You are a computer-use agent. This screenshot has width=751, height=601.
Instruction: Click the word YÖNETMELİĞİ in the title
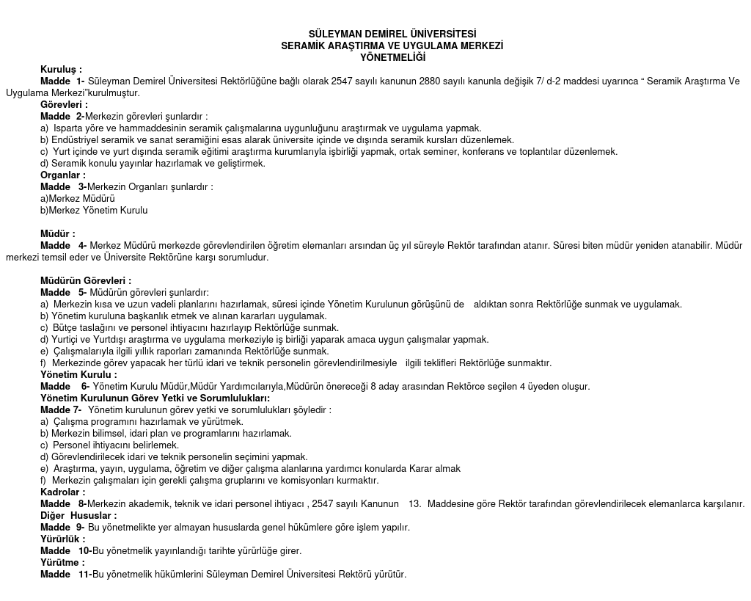392,57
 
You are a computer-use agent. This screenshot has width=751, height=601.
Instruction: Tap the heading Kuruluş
61,69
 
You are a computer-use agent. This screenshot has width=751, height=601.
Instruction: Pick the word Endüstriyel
76,139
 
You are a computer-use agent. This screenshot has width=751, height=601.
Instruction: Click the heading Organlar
62,175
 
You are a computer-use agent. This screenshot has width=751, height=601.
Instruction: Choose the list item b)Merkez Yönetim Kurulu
94,210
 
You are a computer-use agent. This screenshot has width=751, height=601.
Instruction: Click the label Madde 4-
64,245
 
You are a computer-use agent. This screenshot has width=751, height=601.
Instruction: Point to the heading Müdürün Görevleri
86,280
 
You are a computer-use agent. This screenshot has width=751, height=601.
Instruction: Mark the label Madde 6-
65,386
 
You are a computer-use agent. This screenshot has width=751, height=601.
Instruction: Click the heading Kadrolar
62,492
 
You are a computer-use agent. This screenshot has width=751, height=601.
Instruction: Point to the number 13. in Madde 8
415,503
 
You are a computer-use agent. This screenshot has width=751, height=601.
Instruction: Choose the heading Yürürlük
62,539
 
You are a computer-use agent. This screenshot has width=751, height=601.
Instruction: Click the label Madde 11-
66,574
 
